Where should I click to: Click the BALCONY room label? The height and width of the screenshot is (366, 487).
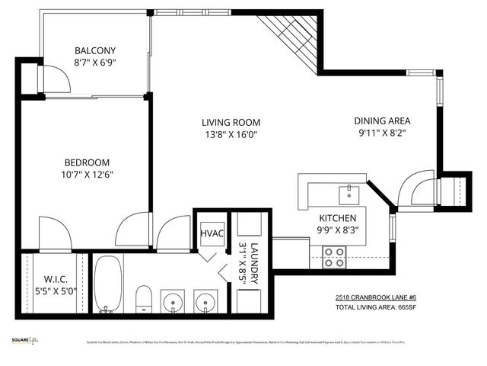tap(95, 47)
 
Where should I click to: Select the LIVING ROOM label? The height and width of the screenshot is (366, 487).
tap(231, 122)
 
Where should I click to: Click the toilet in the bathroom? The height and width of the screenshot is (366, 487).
tap(143, 298)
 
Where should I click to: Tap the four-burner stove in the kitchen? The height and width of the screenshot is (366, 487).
tap(333, 257)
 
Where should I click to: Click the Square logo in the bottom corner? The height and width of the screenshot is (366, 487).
tap(24, 341)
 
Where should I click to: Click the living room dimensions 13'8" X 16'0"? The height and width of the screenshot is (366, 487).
tap(231, 135)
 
